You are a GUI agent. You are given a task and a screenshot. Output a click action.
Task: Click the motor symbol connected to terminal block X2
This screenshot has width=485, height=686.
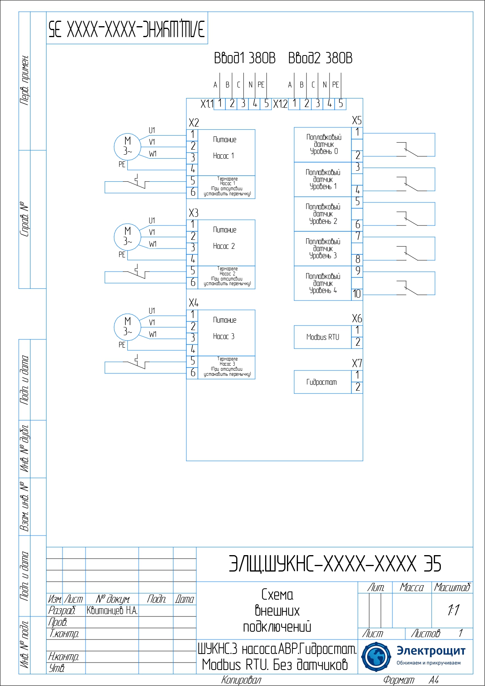click(127, 146)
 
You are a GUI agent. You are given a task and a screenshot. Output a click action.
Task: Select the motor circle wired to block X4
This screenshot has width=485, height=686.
click(127, 327)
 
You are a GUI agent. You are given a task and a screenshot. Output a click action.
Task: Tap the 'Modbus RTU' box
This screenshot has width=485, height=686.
click(323, 337)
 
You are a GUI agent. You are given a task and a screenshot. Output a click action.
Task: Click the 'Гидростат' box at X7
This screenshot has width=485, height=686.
click(323, 382)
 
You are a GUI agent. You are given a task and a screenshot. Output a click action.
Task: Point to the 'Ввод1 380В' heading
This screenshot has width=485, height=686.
click(245, 58)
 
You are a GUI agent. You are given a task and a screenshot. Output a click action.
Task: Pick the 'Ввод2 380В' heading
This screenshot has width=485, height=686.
click(320, 58)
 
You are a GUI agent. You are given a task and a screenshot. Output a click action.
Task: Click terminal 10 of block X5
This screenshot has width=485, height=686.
click(357, 294)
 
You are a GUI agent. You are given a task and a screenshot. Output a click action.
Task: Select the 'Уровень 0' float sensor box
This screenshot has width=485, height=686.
click(323, 145)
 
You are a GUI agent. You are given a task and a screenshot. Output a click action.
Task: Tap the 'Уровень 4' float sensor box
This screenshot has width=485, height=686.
click(323, 283)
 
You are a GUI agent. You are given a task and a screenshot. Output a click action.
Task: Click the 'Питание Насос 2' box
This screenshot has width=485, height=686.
click(226, 242)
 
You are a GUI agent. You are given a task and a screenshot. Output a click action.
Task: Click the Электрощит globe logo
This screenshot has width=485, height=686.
click(376, 657)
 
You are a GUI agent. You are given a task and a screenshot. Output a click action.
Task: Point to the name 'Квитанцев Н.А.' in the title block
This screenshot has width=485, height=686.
click(112, 611)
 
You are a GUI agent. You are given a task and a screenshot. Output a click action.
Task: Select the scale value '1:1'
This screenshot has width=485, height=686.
click(453, 610)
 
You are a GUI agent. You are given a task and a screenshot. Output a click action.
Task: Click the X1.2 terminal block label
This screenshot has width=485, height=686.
click(280, 104)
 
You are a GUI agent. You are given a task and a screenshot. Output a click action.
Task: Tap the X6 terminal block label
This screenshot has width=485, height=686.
click(357, 318)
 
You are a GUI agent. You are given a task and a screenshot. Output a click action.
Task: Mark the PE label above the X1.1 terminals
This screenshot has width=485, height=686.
click(261, 85)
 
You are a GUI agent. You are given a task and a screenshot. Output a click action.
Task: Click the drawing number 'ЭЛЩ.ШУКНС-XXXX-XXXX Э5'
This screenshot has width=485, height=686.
click(335, 564)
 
